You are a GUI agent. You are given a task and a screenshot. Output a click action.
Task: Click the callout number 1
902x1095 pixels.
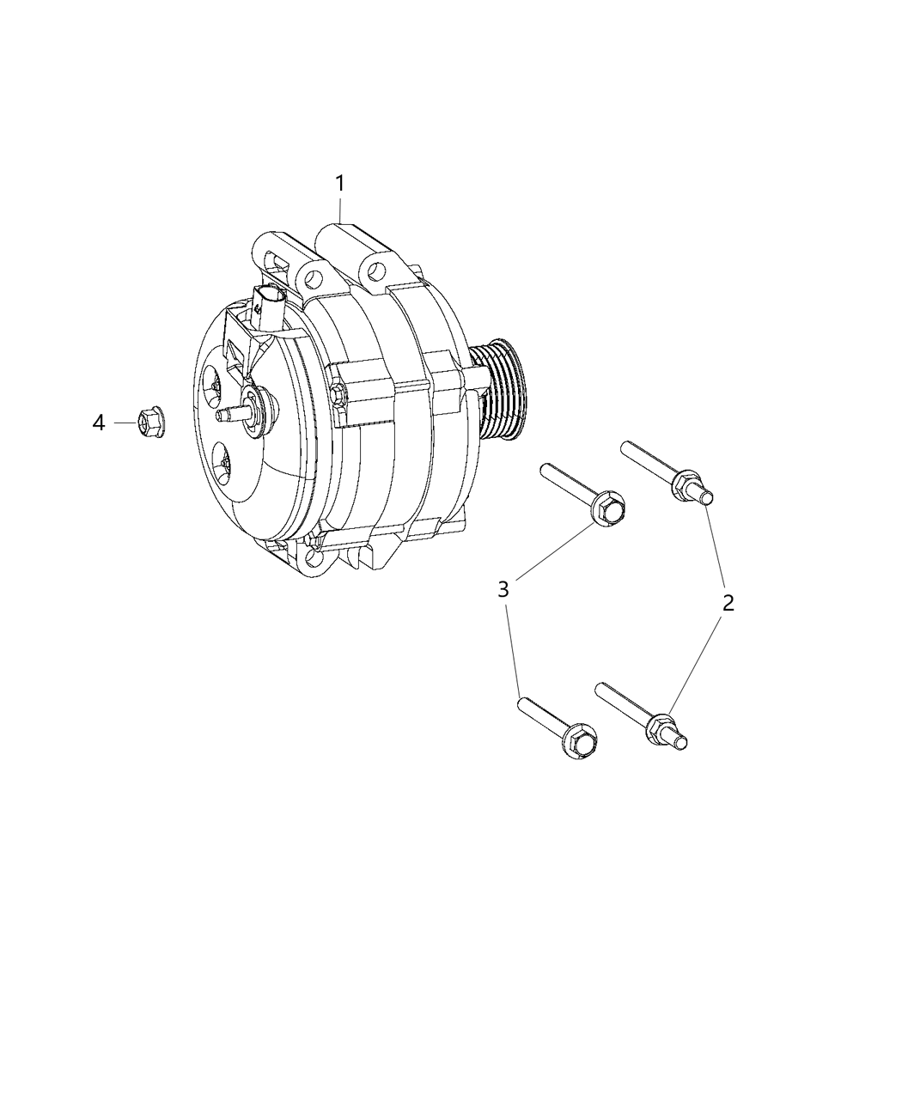340,184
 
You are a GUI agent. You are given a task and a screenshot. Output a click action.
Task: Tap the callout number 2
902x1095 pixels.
728,603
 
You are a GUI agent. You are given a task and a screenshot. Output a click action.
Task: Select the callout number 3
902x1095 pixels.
503,589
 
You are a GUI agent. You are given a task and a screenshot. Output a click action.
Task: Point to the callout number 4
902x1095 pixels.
100,423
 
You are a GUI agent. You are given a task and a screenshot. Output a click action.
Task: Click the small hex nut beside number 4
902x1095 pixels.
148,423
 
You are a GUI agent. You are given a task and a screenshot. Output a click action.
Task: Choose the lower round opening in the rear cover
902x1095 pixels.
222,465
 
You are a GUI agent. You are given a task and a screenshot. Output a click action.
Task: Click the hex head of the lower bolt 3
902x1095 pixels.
582,739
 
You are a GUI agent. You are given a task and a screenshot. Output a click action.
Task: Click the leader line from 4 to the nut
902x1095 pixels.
125,423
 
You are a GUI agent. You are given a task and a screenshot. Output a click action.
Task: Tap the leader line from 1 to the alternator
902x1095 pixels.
341,210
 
